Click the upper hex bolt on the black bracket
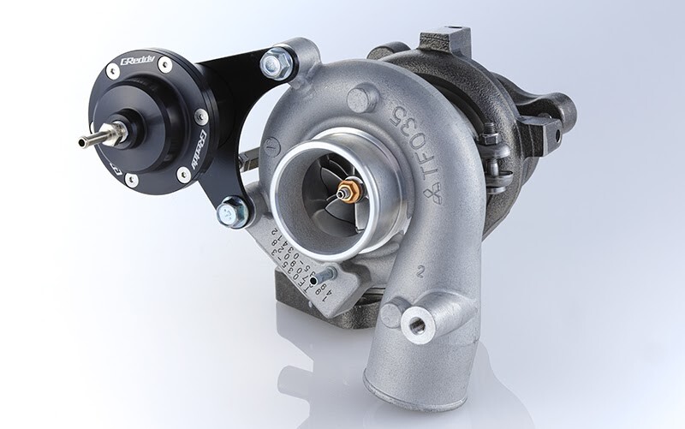(276, 61)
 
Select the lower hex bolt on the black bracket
(234, 211)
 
